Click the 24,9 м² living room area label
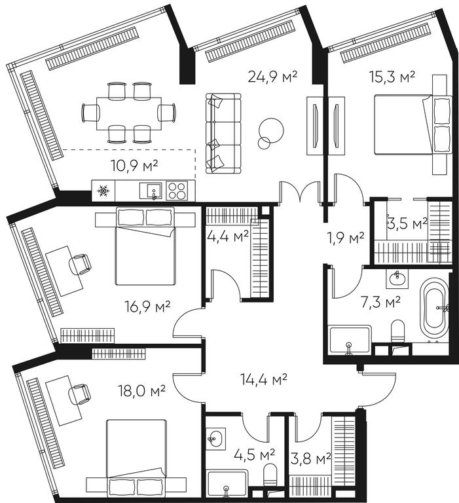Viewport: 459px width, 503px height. [272, 77]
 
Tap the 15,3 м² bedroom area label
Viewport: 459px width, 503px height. [392, 77]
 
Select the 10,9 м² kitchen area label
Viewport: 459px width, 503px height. [134, 166]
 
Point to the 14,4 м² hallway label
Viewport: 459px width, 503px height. [264, 379]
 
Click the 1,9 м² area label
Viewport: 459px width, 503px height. [345, 237]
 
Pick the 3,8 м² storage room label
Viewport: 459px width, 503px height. [310, 458]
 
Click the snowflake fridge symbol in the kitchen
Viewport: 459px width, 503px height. [103, 191]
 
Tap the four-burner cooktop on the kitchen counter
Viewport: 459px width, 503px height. [177, 191]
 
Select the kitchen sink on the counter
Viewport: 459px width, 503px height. [151, 191]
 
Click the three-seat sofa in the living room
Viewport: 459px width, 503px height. [223, 134]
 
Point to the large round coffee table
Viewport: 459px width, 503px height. [271, 130]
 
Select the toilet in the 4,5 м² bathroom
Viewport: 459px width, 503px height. [270, 474]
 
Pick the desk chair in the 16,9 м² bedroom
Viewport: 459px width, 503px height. [80, 264]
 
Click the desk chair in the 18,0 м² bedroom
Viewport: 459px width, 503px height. [79, 394]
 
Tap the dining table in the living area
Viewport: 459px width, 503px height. [129, 113]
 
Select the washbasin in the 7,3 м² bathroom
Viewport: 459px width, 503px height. [397, 279]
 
